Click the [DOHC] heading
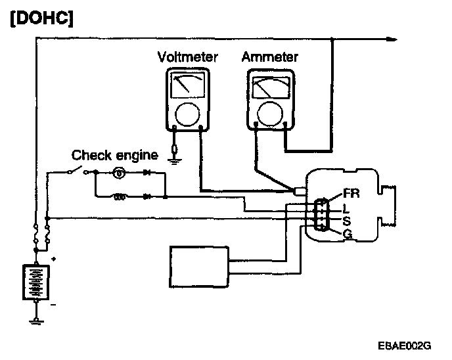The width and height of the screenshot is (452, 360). coord(40,19)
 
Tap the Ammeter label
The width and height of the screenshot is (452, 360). coord(269,57)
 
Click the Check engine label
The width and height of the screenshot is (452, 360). coord(114,156)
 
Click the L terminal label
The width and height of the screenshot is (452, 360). coord(346,207)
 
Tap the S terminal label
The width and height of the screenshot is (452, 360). coord(346,220)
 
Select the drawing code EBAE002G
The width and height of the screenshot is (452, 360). coord(403,344)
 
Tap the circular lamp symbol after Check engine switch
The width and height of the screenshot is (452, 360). coord(120,173)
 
